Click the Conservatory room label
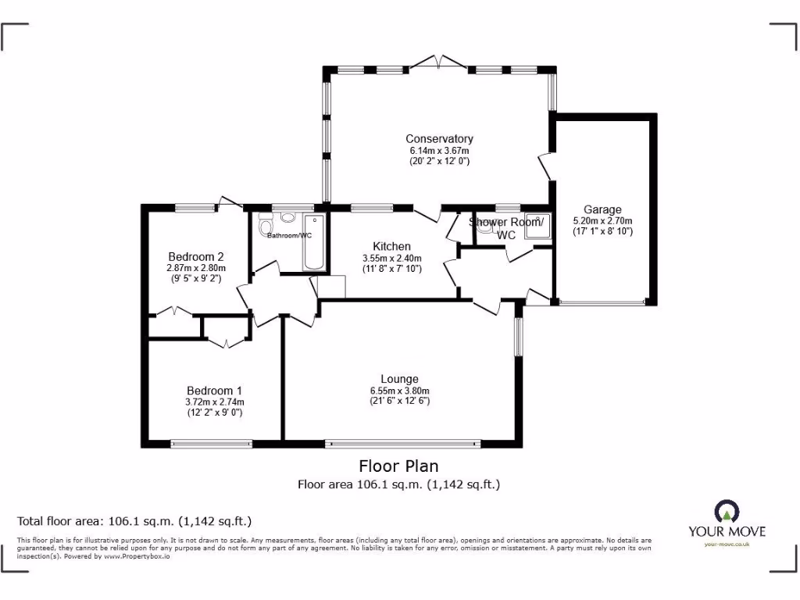pos(439,139)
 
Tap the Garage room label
pos(602,209)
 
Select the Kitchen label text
pos(391,246)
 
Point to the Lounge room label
pos(399,380)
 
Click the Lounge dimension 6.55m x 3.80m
pos(399,391)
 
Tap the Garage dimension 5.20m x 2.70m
pos(602,220)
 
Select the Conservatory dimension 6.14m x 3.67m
pos(439,150)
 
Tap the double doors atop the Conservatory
pos(440,62)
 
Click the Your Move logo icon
pos(727,512)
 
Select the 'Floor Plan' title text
pos(398,466)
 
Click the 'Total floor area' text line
pos(134,521)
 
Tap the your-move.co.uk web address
pos(727,544)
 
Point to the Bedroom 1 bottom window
pos(212,444)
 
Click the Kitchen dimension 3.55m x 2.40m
pos(391,258)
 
